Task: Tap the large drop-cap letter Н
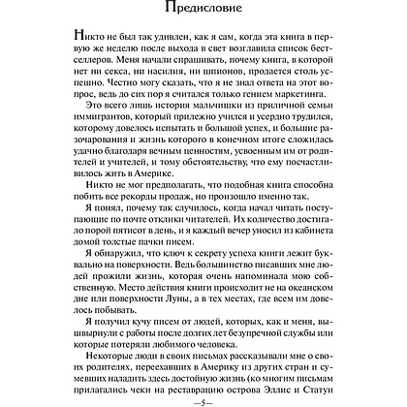point(78,61)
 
